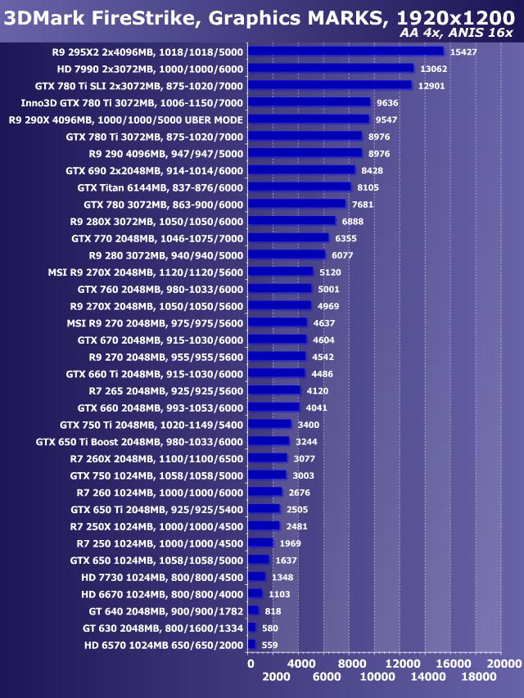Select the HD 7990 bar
(331, 68)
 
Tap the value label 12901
(434, 85)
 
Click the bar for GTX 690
(301, 170)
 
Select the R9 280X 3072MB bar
(291, 221)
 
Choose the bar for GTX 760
(280, 289)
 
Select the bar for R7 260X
(268, 458)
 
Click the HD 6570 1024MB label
(164, 645)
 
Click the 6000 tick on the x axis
(327, 678)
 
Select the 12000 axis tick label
(402, 664)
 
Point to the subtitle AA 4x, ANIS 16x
(457, 33)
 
